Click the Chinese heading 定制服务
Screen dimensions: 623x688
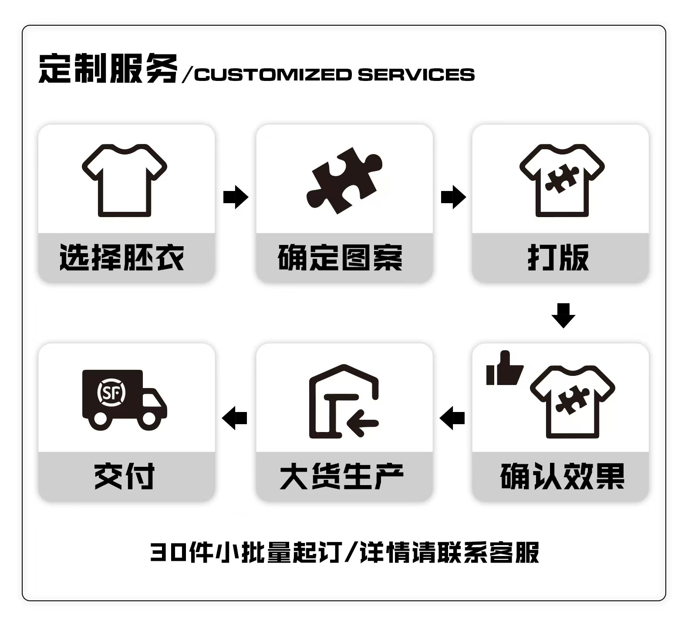click(x=108, y=69)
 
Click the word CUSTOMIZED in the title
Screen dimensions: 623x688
click(x=273, y=75)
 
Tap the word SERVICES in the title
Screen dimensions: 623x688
click(x=416, y=75)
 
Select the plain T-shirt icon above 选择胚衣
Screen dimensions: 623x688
click(x=125, y=181)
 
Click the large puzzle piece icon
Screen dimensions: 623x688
click(x=344, y=181)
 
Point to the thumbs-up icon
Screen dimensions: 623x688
click(x=504, y=369)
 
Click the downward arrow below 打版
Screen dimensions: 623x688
click(x=563, y=315)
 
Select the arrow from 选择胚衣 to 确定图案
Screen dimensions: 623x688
click(x=236, y=197)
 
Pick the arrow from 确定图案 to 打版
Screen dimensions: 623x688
click(x=453, y=197)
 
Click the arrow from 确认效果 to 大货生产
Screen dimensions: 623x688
click(x=452, y=418)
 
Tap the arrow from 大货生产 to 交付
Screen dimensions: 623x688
click(x=235, y=418)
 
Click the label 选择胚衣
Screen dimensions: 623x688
click(x=122, y=258)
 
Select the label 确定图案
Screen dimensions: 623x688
click(x=340, y=258)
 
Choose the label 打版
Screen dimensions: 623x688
click(x=558, y=258)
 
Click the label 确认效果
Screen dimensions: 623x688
click(x=562, y=476)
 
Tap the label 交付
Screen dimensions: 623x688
click(x=125, y=476)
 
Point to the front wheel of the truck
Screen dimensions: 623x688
click(x=148, y=419)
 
